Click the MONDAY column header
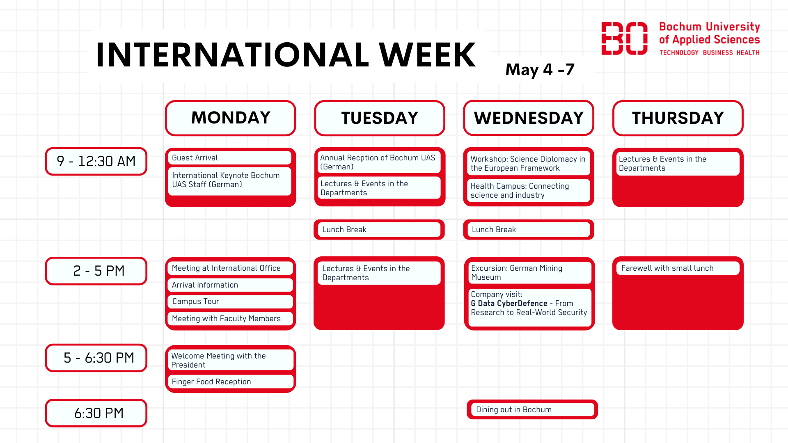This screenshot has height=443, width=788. click(230, 118)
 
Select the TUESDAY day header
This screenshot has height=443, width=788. click(380, 118)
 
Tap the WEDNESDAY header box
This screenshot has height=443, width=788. click(529, 118)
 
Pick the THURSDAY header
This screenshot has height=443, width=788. click(678, 118)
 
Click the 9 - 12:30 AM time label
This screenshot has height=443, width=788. click(96, 161)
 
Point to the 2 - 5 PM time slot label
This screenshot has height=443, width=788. click(96, 271)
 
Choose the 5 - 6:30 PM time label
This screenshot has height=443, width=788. click(96, 358)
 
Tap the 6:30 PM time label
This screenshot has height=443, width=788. click(96, 413)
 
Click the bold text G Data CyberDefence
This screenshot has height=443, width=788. click(509, 304)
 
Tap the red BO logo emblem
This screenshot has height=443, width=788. click(624, 39)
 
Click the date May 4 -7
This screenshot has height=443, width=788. click(540, 70)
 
